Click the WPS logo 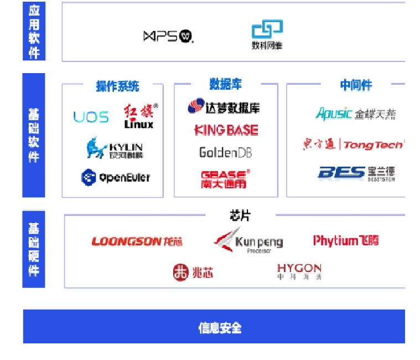point(168,37)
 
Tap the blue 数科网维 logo point(267,35)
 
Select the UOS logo point(91,117)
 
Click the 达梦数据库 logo point(224,107)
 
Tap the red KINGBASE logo point(226,130)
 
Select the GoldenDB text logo point(225,152)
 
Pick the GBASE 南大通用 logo point(225,178)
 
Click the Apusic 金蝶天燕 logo point(356,114)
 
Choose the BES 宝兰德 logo point(356,173)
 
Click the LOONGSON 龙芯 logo point(137,241)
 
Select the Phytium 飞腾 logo point(346,241)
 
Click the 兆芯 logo point(192,272)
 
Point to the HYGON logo point(299,271)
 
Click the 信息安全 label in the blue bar point(220,327)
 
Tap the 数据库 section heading point(225,84)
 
